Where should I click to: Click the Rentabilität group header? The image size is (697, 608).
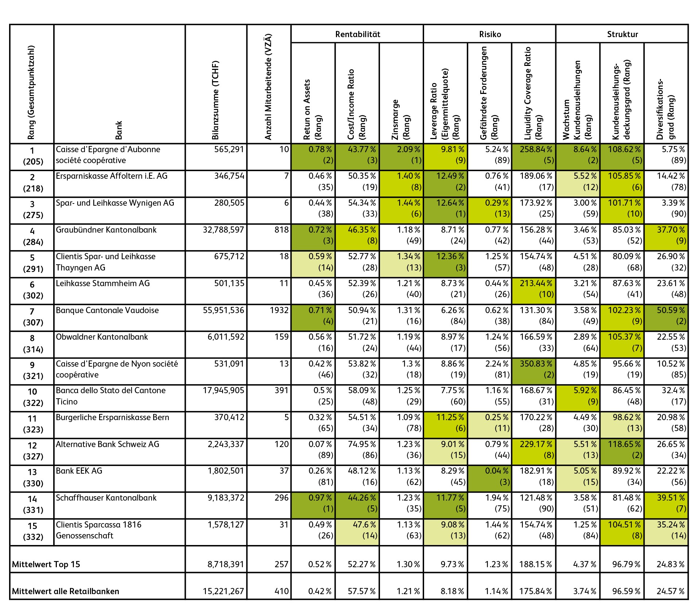click(x=357, y=34)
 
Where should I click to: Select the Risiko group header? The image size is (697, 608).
click(x=490, y=34)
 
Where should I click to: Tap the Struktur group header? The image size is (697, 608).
click(x=622, y=34)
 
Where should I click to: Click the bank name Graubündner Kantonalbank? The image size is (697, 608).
click(x=106, y=230)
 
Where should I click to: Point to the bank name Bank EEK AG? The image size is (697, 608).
click(x=79, y=471)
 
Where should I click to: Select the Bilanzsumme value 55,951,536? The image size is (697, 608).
click(x=223, y=311)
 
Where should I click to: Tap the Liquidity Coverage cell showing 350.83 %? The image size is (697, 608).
click(x=534, y=369)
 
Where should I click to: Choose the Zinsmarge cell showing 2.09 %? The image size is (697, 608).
click(x=402, y=155)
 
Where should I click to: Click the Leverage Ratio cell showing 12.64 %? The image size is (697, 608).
click(x=446, y=208)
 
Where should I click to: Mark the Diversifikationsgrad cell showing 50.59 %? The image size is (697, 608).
click(x=666, y=316)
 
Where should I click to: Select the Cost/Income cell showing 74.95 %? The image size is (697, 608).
click(x=357, y=449)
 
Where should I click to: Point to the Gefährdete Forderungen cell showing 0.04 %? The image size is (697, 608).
click(x=490, y=476)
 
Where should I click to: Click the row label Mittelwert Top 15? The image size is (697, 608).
click(x=46, y=564)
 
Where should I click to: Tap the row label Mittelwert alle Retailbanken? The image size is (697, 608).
click(x=66, y=591)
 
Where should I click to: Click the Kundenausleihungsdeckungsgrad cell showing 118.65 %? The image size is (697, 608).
click(x=622, y=449)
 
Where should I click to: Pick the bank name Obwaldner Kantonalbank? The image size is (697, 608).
click(x=102, y=337)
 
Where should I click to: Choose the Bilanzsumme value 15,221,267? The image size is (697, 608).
click(x=223, y=591)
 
